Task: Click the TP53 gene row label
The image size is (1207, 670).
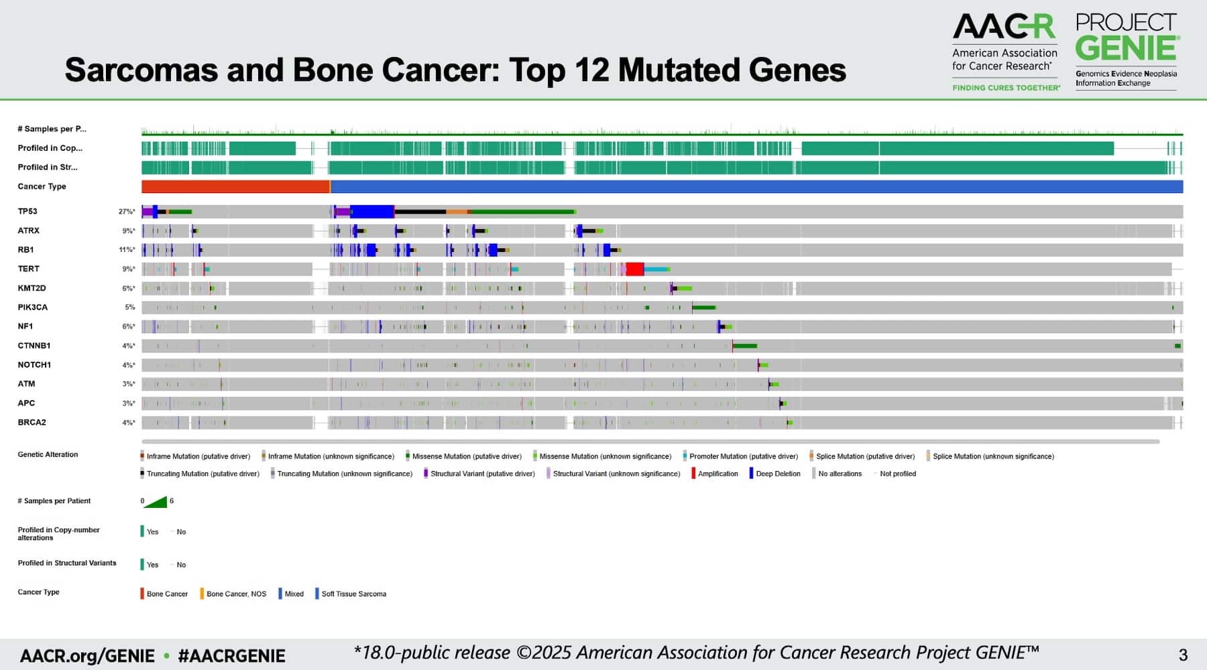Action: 27,212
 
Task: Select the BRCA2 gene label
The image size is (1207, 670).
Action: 32,423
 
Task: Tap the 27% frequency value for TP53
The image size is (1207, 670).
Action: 126,212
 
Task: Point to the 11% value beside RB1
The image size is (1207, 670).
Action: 126,250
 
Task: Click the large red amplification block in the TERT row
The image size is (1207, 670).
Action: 634,269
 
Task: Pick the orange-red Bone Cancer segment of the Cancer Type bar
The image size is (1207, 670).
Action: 235,187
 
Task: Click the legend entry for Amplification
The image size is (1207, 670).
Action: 717,474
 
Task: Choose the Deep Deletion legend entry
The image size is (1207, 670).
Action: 777,474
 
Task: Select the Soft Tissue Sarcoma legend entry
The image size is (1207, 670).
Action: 353,594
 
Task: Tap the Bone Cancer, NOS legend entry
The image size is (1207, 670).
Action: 236,594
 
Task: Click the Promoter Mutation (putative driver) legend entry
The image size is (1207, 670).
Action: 743,456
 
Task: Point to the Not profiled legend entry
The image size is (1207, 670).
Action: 897,474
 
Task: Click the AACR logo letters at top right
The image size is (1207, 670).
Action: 1003,27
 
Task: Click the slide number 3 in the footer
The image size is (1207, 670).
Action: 1184,655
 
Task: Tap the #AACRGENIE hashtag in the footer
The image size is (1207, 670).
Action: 231,656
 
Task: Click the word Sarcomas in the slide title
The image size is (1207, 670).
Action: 141,70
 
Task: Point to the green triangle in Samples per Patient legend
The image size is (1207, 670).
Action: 157,502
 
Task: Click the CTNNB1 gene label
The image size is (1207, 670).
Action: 34,346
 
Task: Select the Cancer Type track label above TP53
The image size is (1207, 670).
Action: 42,187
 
